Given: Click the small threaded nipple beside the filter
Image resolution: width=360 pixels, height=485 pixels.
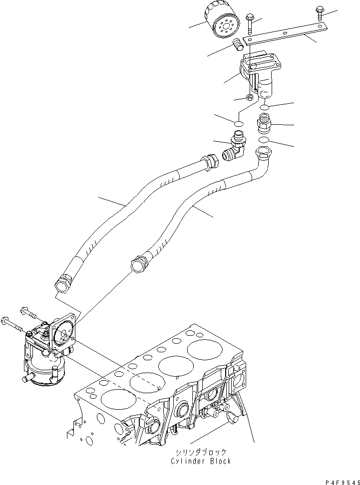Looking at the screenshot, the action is (x=237, y=46).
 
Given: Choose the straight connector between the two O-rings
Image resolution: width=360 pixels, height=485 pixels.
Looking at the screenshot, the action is (x=263, y=123).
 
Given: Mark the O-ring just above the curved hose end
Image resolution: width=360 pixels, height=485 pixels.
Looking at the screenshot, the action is (x=265, y=139).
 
